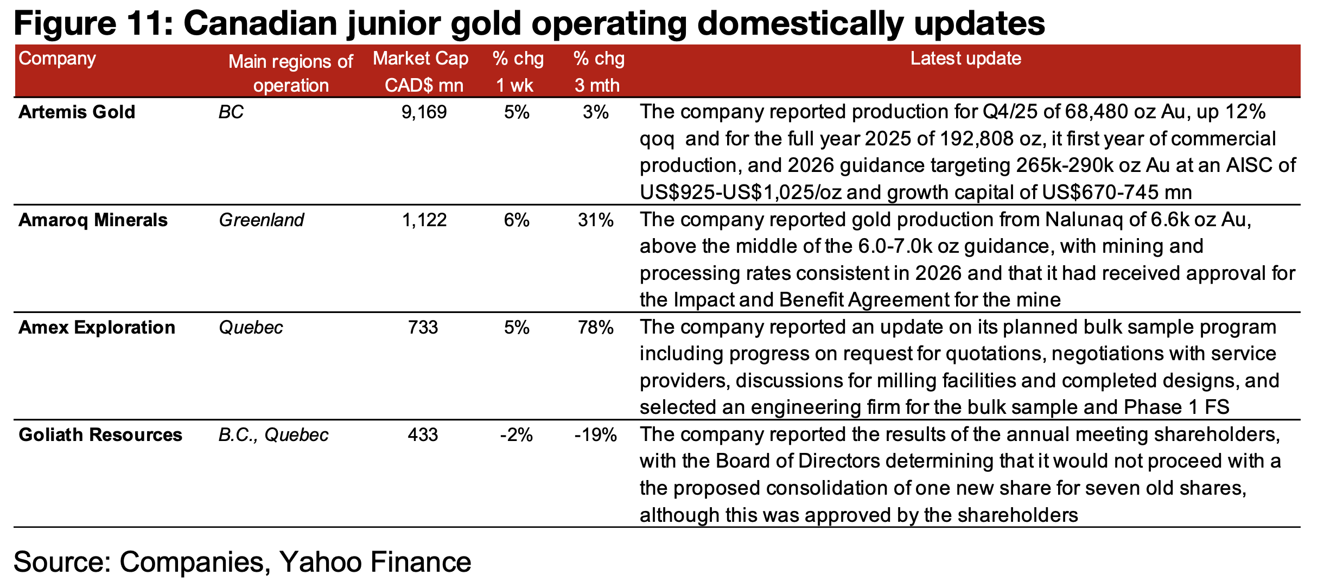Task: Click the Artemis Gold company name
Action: click(77, 112)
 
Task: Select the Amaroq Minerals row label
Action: click(93, 220)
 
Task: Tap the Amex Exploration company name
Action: click(97, 328)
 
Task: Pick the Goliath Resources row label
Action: click(100, 435)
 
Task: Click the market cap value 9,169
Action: click(424, 112)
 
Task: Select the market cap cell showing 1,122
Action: click(424, 220)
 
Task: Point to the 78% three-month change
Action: click(595, 328)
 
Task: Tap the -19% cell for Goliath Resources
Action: click(595, 435)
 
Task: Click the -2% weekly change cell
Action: click(516, 435)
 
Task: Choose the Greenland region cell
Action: click(261, 220)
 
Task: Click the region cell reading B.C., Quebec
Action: click(273, 435)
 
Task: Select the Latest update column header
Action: click(965, 59)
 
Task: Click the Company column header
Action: click(57, 59)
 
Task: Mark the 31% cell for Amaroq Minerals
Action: click(595, 220)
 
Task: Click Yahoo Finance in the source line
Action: click(375, 562)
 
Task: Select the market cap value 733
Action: click(423, 328)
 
